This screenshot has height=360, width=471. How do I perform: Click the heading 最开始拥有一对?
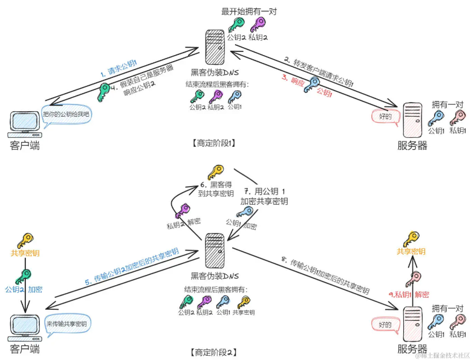coord(248,11)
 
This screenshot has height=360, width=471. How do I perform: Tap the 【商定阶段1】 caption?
coord(213,143)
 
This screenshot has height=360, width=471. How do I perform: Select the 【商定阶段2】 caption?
coord(213,352)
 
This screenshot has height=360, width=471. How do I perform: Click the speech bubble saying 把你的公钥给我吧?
coord(66,115)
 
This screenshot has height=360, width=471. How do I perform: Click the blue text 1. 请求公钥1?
coord(119,68)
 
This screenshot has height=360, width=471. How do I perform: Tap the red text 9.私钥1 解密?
coord(409,295)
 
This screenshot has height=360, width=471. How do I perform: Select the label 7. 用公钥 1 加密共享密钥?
coord(264,196)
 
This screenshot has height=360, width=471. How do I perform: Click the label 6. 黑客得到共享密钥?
coord(216,189)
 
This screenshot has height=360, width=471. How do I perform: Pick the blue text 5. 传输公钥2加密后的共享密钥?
coord(132,267)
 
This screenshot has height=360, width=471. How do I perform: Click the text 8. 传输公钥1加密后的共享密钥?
coord(325,275)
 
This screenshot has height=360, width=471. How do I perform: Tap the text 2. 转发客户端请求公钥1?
coord(319,72)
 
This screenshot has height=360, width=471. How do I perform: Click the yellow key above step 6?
coord(216,172)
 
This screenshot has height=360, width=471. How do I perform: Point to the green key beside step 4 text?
coord(103,92)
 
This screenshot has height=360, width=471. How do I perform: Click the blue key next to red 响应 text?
coord(311,85)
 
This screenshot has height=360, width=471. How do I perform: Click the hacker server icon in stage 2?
coord(215,251)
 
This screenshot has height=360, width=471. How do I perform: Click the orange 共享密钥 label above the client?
coord(25,253)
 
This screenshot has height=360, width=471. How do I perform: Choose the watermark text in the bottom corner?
coord(442,356)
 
